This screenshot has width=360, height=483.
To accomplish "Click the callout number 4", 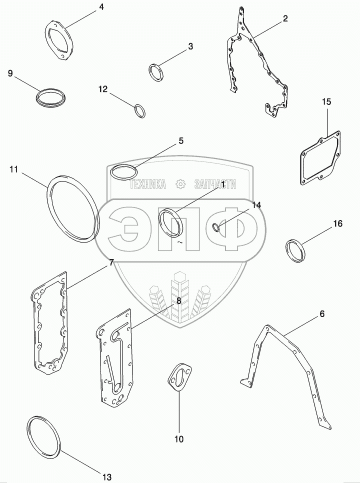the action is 101,7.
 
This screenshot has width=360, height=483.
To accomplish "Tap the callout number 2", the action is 285,18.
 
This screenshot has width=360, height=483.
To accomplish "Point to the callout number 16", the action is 338,223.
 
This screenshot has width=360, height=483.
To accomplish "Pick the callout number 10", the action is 179,439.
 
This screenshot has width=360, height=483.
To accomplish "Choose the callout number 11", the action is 13,170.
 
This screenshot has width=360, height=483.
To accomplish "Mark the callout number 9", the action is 10,73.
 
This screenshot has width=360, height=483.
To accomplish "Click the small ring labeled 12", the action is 140,110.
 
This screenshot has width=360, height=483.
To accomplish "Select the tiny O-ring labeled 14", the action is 216,228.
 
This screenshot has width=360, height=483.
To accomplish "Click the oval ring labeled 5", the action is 123,171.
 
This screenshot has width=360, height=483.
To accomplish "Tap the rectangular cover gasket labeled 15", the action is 320,159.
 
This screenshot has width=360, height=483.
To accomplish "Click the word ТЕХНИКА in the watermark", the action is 147,184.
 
